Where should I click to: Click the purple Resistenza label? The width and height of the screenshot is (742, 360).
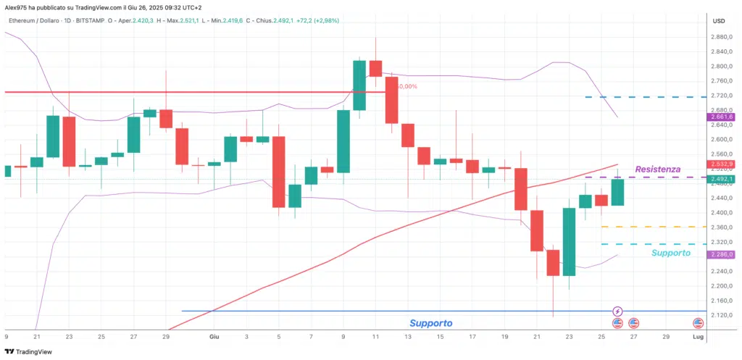point(657,169)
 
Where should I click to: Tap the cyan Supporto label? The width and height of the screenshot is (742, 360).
point(670,253)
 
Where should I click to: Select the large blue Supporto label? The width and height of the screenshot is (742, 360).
point(431,323)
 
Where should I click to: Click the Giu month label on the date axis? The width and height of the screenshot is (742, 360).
point(214,337)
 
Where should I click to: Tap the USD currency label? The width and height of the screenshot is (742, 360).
point(720,20)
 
